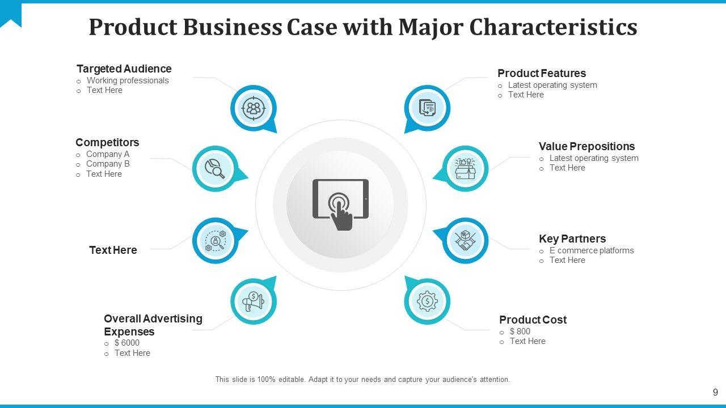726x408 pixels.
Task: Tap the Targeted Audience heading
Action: pyautogui.click(x=124, y=69)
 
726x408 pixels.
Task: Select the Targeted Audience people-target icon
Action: pyautogui.click(x=253, y=108)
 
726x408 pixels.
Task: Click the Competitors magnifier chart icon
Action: pyautogui.click(x=215, y=168)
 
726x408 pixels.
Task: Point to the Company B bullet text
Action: pyautogui.click(x=108, y=164)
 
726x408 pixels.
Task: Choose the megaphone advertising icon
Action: pyautogui.click(x=253, y=301)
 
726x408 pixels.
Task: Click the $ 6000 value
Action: pyautogui.click(x=126, y=343)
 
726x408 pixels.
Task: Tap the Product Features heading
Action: pyautogui.click(x=542, y=74)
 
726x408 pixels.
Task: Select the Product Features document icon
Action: pyautogui.click(x=427, y=108)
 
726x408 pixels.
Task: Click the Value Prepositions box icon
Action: pyautogui.click(x=465, y=168)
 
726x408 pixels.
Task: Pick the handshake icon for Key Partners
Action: pyautogui.click(x=465, y=241)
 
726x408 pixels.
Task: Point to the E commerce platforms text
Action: pyautogui.click(x=592, y=250)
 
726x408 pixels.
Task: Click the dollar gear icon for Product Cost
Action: pyautogui.click(x=427, y=301)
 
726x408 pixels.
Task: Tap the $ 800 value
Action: pyautogui.click(x=520, y=331)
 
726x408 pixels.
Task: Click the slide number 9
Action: pyautogui.click(x=715, y=392)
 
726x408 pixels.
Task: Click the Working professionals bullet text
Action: pyautogui.click(x=128, y=80)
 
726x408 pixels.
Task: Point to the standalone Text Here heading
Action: pyautogui.click(x=113, y=250)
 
